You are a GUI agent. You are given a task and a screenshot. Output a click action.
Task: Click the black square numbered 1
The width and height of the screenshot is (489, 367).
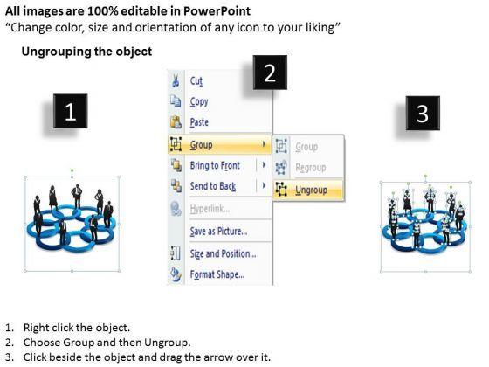point(70,111)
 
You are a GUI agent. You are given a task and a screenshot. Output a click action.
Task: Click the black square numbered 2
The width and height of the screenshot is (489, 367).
point(270,73)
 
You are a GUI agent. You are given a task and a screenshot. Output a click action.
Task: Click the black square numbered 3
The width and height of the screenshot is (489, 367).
point(423,113)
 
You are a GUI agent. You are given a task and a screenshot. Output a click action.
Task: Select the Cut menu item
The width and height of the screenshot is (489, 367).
point(196,81)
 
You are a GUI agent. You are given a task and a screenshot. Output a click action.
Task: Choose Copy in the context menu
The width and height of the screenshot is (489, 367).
point(199,101)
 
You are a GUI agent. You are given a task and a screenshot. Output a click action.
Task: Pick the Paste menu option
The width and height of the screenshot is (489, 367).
point(199,122)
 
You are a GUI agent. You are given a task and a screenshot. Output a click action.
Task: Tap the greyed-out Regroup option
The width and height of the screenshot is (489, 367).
point(311,168)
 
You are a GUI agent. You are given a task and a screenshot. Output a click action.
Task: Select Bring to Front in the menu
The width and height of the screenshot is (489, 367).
point(215,165)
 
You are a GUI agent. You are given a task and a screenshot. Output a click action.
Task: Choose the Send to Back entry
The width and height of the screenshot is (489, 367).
point(213,186)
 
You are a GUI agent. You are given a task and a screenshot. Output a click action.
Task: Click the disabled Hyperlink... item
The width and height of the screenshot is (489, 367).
point(210,209)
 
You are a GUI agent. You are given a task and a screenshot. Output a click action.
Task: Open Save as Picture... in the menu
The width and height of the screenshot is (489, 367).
point(218,232)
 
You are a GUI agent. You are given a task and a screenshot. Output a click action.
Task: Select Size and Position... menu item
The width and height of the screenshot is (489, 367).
point(223,253)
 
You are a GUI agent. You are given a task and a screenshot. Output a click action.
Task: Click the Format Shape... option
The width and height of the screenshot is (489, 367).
point(217,274)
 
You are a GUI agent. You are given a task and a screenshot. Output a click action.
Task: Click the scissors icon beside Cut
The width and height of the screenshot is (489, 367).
point(176,80)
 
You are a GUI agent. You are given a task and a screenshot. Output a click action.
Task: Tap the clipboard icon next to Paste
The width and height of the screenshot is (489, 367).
point(176,122)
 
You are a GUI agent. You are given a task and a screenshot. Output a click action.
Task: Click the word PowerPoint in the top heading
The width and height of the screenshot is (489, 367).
point(217,11)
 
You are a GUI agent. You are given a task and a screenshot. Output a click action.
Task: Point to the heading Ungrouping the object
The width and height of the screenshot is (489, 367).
point(86,52)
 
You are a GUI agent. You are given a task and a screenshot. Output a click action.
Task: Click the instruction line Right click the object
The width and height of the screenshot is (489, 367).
point(77,328)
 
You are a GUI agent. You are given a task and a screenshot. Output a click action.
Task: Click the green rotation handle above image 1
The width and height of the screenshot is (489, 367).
point(72,170)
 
